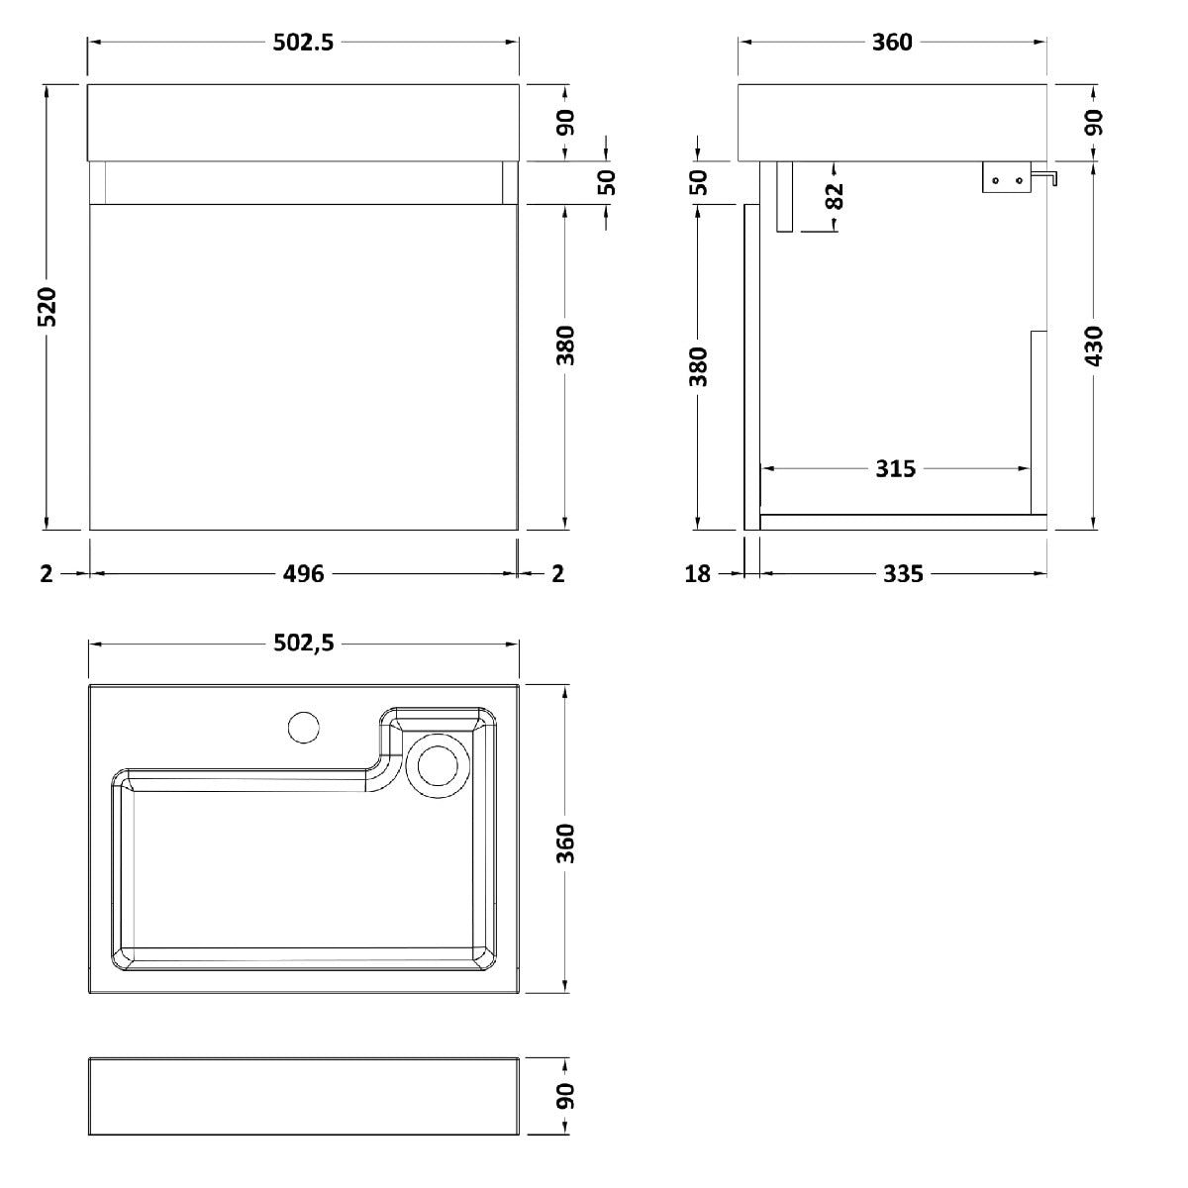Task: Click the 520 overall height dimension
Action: tap(48, 306)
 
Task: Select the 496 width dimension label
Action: tap(303, 574)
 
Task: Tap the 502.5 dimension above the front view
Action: tap(303, 42)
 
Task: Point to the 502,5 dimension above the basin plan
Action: tap(304, 643)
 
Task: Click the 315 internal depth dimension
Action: tap(896, 469)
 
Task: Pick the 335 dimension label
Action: tap(903, 574)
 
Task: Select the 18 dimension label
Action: tap(697, 574)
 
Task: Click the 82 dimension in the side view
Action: tap(834, 197)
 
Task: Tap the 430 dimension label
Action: tap(1093, 346)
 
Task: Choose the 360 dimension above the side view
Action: tap(892, 42)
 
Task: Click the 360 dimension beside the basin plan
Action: tap(565, 843)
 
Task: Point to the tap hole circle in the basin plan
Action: tap(303, 727)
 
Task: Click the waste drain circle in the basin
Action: tap(438, 766)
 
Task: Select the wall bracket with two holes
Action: tap(1006, 177)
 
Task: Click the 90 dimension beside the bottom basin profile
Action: tap(565, 1096)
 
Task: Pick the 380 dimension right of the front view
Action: tap(565, 346)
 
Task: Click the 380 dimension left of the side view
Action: tap(698, 367)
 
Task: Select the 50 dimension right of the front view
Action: tap(607, 182)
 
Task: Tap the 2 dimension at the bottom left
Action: tap(47, 574)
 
